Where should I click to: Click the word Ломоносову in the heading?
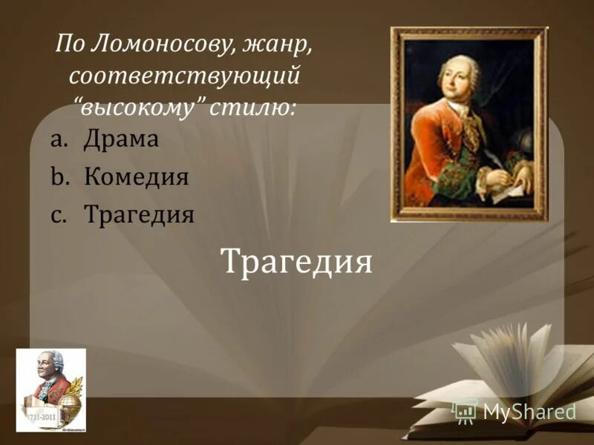click(x=163, y=46)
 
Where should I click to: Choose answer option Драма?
click(x=121, y=140)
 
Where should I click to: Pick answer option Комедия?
click(x=136, y=177)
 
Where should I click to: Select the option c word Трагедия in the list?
click(x=139, y=215)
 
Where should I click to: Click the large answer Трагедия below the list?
click(x=296, y=261)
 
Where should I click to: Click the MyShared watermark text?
click(x=529, y=412)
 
